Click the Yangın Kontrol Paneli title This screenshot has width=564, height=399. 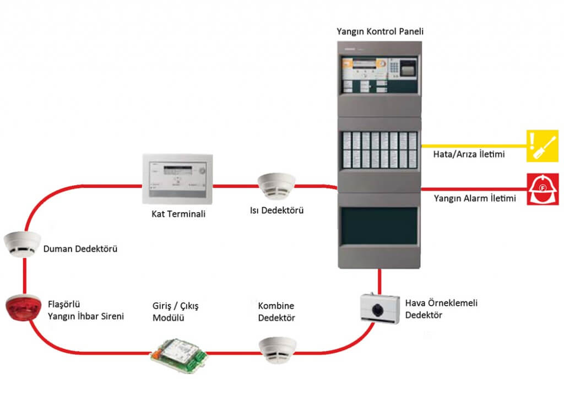pos(379,32)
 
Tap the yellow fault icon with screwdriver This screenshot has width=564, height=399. pos(543,145)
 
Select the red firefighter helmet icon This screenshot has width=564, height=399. pos(543,189)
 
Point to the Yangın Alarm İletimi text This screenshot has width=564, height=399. pos(475,198)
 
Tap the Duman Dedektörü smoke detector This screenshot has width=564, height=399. pos(22,244)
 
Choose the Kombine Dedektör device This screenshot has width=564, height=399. pos(277,349)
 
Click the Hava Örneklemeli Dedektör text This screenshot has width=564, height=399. pos(432,309)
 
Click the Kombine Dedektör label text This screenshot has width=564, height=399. pos(276,312)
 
